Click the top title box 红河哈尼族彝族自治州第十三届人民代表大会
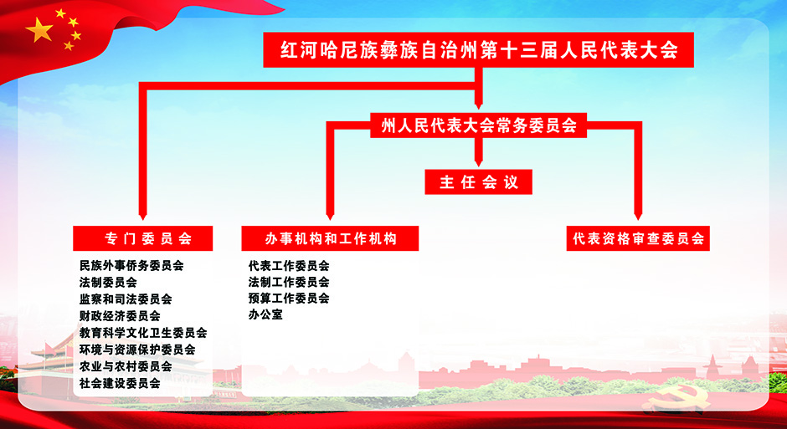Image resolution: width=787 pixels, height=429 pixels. click(x=478, y=49)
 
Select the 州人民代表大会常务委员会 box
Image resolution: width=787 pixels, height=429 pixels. click(x=478, y=125)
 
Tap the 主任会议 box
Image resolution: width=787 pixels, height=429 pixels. click(x=478, y=182)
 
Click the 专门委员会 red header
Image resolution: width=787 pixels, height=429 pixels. click(x=142, y=238)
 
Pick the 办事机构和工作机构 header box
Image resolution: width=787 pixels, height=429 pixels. click(x=330, y=238)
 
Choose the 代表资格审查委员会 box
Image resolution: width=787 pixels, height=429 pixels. click(x=638, y=238)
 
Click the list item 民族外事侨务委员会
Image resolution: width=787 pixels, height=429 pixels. click(x=131, y=266)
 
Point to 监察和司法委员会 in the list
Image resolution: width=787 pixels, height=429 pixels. click(x=126, y=299)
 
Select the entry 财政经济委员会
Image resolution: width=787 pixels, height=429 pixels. click(x=120, y=316)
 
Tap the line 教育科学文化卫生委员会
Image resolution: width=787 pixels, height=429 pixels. click(x=143, y=333)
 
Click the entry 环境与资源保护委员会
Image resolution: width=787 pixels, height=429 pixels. click(x=137, y=350)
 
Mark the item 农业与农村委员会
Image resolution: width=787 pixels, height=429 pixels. click(x=126, y=366)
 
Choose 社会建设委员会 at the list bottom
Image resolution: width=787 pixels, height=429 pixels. click(x=120, y=383)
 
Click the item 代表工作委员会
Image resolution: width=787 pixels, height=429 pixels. click(x=289, y=266)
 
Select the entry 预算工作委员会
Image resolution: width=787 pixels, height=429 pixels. click(x=289, y=299)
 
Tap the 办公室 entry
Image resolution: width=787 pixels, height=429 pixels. click(x=265, y=314)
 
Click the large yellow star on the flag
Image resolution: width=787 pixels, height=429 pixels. click(x=39, y=30)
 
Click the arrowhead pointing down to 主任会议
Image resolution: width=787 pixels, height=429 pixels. click(x=478, y=161)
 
